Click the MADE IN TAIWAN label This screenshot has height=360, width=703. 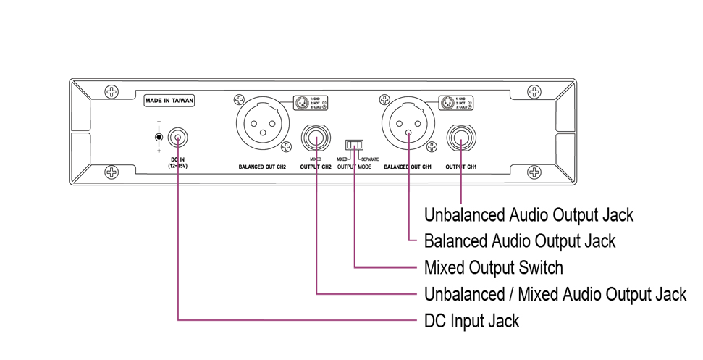[169, 101]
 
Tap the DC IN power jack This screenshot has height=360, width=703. [177, 137]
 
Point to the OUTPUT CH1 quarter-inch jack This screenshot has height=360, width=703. [461, 138]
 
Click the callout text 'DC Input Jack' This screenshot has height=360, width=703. [471, 320]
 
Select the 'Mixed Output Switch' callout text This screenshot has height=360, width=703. [493, 267]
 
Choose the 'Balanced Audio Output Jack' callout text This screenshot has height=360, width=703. [519, 240]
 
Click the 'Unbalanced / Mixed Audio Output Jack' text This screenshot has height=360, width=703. [555, 293]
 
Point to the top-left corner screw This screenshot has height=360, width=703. [111, 92]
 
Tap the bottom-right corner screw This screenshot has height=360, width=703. [534, 172]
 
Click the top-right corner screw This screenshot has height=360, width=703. [534, 92]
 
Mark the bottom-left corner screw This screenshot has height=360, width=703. [111, 172]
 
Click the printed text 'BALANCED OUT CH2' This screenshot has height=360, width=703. [263, 167]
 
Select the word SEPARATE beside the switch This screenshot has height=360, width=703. [369, 158]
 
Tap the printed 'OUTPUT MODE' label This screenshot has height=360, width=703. [354, 167]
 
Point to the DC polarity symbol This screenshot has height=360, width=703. [159, 137]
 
